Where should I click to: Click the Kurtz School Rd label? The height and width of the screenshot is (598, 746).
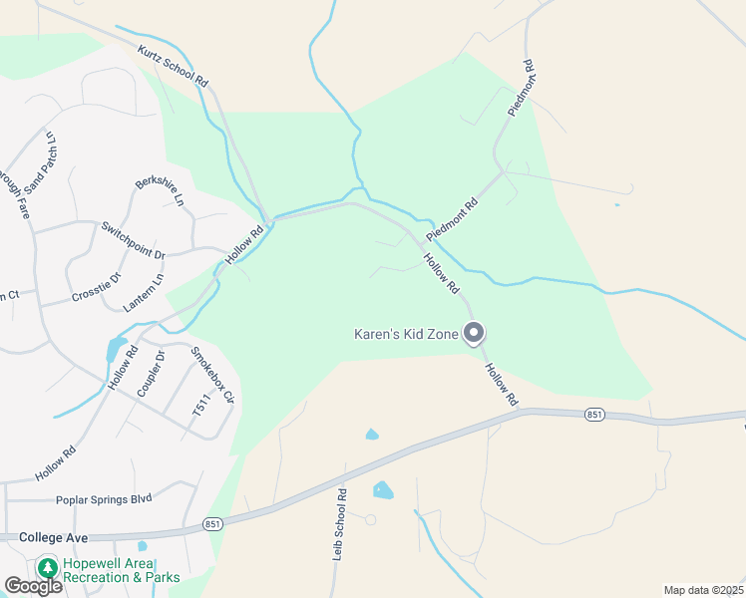(x=172, y=65)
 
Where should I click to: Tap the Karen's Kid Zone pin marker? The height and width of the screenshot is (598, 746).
(x=475, y=333)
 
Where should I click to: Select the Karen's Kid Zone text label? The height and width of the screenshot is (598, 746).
(x=407, y=334)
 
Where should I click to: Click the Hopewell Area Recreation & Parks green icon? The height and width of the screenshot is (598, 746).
(x=47, y=568)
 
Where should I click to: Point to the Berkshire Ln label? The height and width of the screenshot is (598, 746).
(x=160, y=184)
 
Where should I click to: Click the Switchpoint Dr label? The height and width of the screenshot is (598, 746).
(x=133, y=240)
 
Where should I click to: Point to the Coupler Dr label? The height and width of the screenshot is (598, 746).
(x=150, y=374)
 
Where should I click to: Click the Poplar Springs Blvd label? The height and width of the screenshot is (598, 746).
(x=104, y=499)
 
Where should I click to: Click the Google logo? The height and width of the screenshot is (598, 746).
(x=33, y=586)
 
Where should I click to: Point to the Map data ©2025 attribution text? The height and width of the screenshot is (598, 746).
(x=703, y=590)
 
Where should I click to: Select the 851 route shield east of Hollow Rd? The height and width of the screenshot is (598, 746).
(x=594, y=414)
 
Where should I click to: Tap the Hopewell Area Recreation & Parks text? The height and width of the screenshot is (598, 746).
(x=122, y=570)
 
